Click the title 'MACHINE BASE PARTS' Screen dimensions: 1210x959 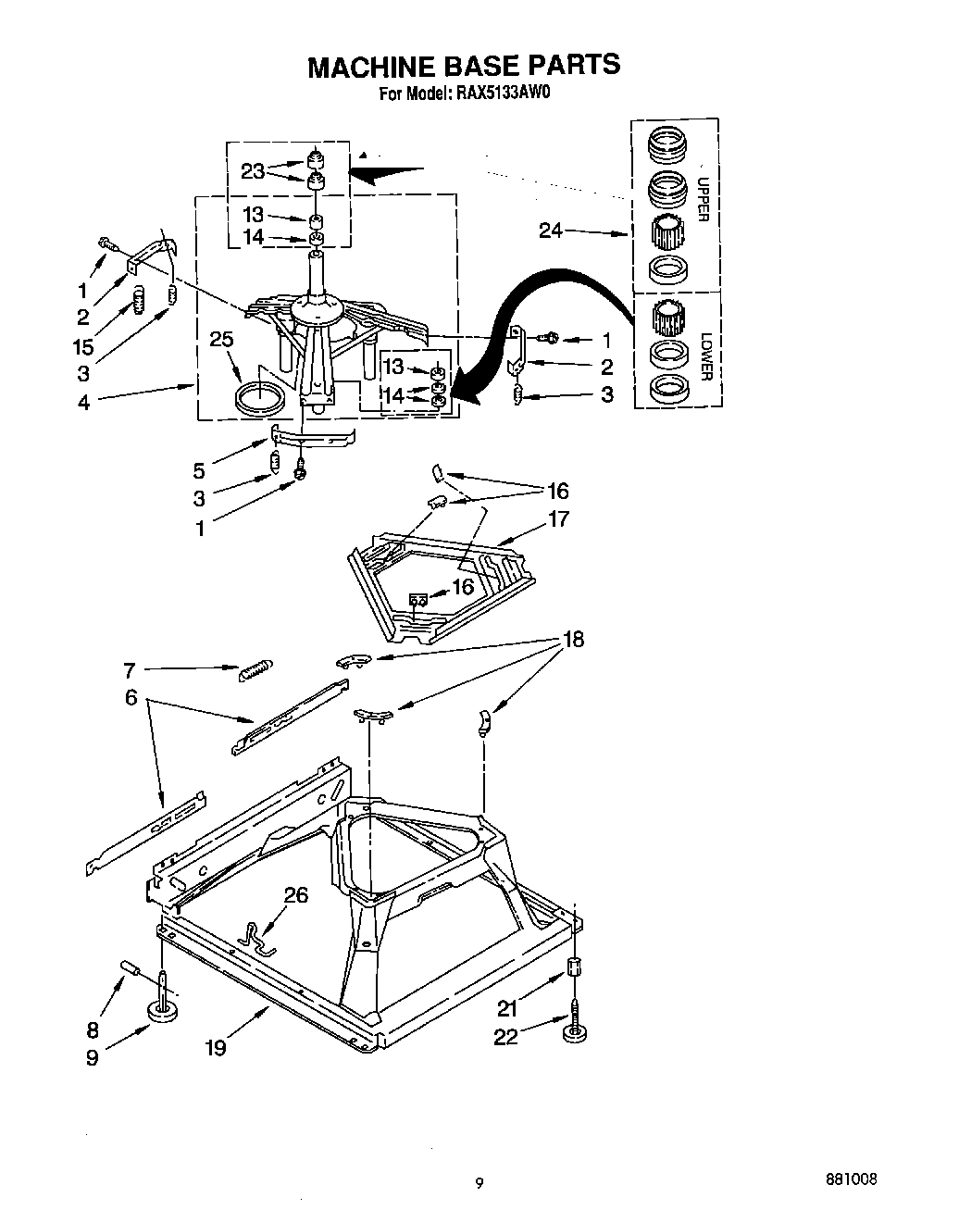[463, 66]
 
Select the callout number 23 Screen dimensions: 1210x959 [253, 170]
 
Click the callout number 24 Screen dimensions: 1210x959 [551, 231]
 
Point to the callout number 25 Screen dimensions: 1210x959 [221, 340]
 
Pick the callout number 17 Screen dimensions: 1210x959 [558, 518]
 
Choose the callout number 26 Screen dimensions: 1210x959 [296, 895]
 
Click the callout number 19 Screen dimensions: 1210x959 [215, 1047]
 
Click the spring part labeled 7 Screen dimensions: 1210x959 [256, 670]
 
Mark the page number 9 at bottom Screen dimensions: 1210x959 [479, 1182]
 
